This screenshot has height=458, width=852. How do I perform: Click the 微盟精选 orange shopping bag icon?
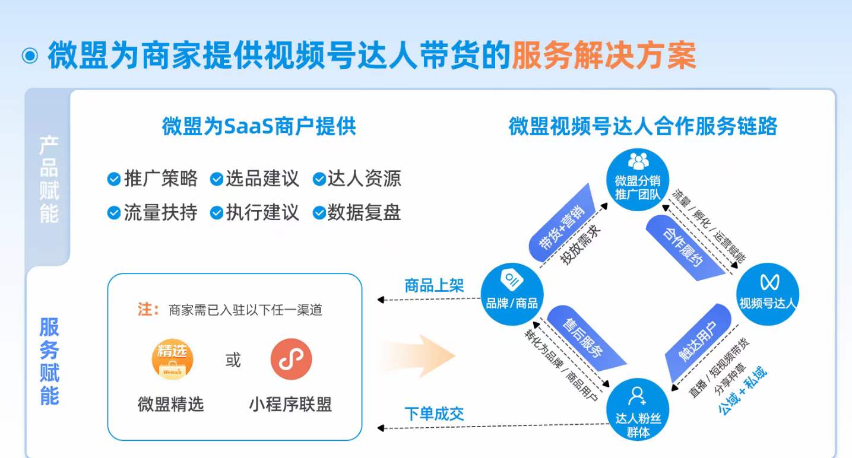[x=172, y=358]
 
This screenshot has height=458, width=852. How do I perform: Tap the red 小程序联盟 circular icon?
[x=291, y=358]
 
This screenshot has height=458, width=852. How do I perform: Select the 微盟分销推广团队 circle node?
[x=638, y=177]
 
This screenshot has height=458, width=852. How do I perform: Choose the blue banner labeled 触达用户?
[x=698, y=342]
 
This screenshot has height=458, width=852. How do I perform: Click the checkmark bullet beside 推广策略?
[x=113, y=179]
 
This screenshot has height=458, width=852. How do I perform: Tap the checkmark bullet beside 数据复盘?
[x=319, y=213]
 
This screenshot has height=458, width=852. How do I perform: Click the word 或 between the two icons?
[x=233, y=360]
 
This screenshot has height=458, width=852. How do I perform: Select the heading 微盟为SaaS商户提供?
[x=259, y=126]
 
